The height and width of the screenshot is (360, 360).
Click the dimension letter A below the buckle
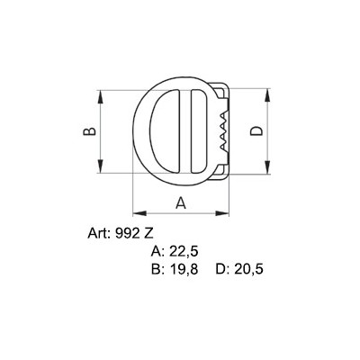[180, 202]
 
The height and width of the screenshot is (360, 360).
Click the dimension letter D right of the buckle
[256, 131]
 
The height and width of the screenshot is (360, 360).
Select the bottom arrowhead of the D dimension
[268, 168]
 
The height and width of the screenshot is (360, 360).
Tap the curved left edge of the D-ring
[136, 131]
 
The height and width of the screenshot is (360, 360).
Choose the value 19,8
[186, 269]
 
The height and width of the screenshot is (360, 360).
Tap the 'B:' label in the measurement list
[159, 269]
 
